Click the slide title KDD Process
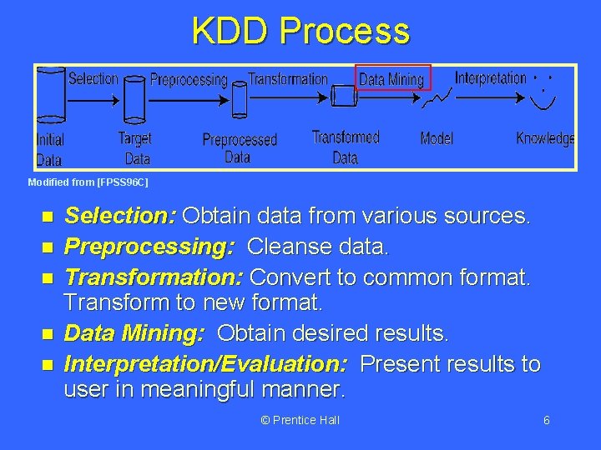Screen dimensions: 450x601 (x=300, y=31)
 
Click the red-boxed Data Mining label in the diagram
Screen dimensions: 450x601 (x=392, y=79)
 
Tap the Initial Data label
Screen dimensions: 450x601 (x=49, y=148)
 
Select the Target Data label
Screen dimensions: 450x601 (x=135, y=148)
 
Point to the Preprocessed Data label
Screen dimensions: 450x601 (x=240, y=148)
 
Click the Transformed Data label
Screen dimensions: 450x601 (x=346, y=147)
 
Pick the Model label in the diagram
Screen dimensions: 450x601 (x=437, y=138)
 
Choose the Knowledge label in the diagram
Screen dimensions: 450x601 (x=545, y=138)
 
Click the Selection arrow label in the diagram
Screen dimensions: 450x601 (x=93, y=79)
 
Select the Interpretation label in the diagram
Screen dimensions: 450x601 (x=490, y=77)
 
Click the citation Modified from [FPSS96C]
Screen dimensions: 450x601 (x=88, y=182)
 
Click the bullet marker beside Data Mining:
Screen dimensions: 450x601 (x=47, y=334)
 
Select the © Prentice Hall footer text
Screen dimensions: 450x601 (x=300, y=420)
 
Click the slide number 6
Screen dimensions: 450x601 (x=546, y=420)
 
